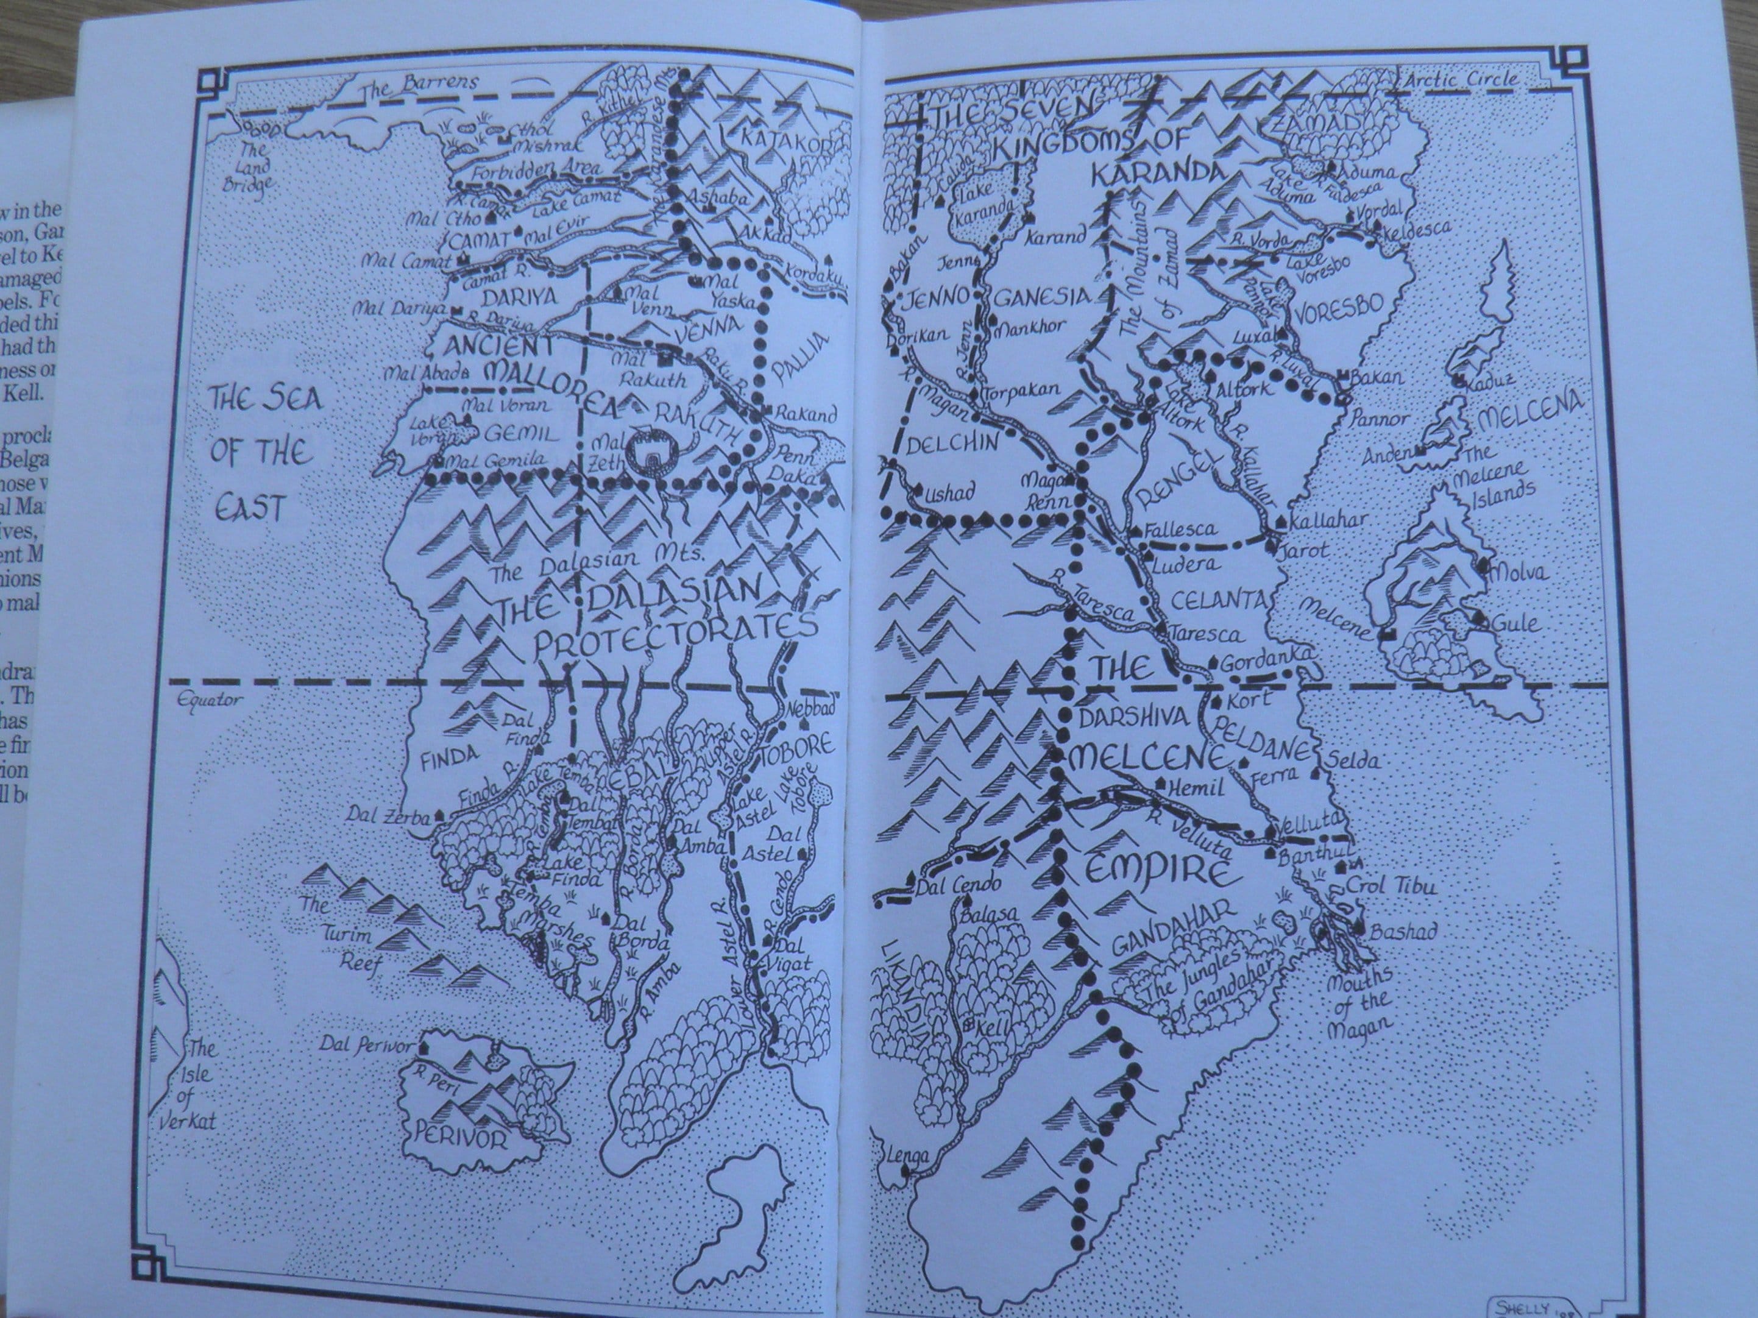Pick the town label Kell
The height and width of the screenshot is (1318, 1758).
click(991, 1026)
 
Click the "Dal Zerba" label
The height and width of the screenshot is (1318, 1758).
click(388, 817)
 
